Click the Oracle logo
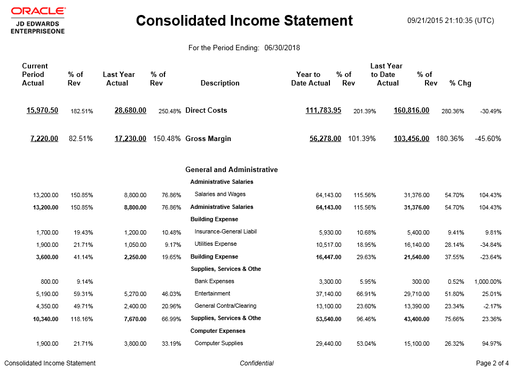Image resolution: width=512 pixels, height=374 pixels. [38, 11]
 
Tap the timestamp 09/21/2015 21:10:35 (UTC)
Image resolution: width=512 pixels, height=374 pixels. [450, 21]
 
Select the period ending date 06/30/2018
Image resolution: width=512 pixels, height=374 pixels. [282, 48]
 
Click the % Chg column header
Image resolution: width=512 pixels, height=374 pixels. [460, 83]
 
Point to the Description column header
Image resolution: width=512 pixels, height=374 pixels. [220, 83]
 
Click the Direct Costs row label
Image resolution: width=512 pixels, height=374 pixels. [206, 111]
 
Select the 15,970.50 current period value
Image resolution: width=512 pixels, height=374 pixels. [43, 111]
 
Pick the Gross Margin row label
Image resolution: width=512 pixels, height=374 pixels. [208, 139]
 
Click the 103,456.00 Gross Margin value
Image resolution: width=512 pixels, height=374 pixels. [412, 139]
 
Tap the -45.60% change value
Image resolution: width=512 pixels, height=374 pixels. [488, 139]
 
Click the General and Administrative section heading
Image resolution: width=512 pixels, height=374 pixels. [231, 170]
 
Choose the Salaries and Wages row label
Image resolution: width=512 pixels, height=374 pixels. [220, 194]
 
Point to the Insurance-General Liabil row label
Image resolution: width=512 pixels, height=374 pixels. [226, 232]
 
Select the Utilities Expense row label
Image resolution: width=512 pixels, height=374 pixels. [216, 244]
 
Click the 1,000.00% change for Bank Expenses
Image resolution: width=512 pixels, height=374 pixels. [487, 282]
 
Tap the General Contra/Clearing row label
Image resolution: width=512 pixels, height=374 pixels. [225, 306]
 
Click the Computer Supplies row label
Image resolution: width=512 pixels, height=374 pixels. [219, 344]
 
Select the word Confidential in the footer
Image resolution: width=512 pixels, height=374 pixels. [257, 363]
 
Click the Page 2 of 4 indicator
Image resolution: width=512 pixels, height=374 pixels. [492, 363]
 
